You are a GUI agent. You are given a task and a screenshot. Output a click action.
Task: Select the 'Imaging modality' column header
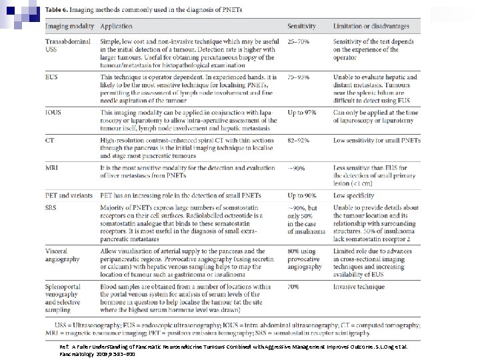[69, 27]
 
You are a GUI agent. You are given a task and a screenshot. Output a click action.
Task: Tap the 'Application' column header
[117, 27]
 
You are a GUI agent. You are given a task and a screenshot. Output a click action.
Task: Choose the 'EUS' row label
[51, 77]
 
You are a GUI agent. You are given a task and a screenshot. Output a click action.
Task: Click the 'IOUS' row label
[53, 113]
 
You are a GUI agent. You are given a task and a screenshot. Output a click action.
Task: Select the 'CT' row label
[50, 141]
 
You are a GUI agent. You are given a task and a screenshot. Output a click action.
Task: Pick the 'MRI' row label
[52, 168]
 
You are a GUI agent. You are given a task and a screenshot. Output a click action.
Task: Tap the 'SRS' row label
[51, 207]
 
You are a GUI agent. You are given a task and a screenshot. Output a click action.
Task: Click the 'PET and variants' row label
[69, 195]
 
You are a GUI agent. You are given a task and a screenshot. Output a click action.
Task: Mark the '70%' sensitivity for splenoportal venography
[294, 286]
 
